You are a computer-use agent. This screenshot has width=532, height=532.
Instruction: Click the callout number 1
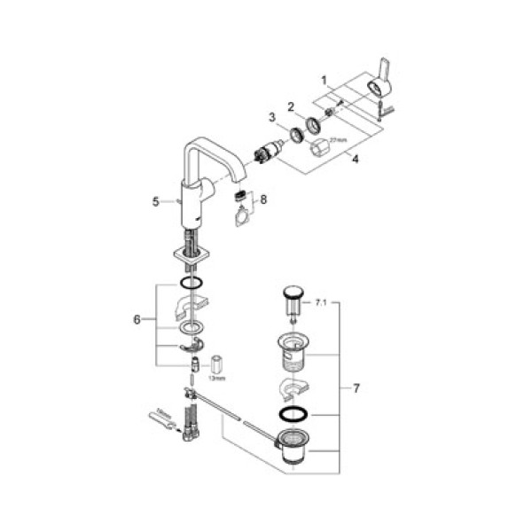325,79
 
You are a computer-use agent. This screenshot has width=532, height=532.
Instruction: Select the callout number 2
290,106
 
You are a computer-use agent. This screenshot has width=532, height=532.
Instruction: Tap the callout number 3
273,117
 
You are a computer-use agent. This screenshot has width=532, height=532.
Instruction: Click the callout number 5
155,201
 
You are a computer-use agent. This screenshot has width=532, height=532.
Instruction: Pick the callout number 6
137,318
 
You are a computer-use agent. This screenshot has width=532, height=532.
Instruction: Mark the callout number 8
262,200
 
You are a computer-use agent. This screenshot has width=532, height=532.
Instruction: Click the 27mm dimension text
338,140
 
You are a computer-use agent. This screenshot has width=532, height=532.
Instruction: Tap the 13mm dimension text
216,378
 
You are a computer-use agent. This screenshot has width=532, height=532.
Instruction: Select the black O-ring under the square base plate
190,284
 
